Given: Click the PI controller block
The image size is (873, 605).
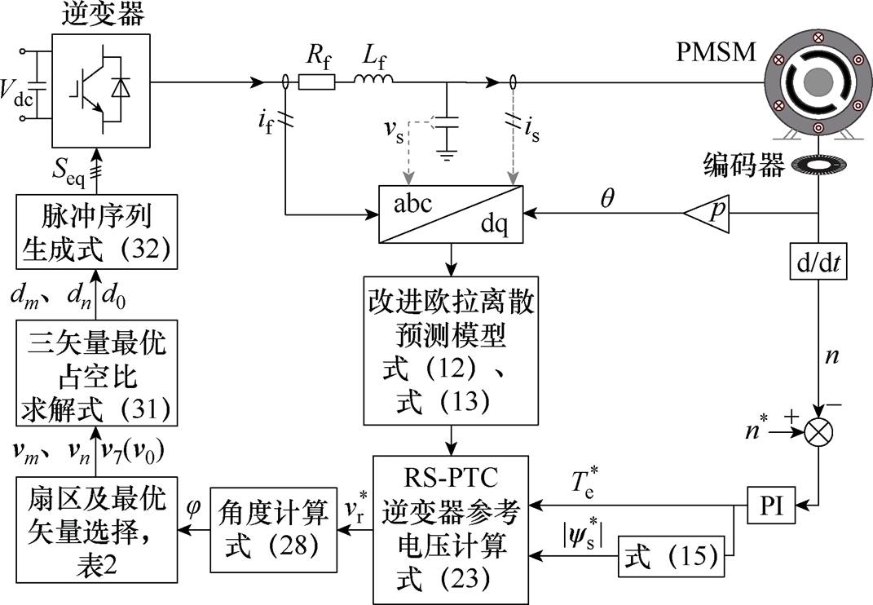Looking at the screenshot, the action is coord(772,506).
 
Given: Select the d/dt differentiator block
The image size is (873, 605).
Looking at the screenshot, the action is coord(818,262).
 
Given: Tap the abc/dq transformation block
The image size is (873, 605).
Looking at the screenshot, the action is coord(451,214).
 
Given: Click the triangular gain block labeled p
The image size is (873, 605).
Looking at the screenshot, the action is coord(707,213).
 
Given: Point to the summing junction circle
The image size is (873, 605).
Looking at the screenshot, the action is coord(818,431).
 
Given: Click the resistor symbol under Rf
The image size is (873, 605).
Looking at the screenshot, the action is coord(317,82).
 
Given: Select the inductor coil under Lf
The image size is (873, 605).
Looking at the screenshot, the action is coord(373,79).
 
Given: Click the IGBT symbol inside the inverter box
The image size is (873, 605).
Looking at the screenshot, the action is coord(101,91).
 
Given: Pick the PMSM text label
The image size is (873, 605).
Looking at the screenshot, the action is coord(716,52).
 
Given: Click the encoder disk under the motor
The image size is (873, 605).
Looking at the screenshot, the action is coord(818,166).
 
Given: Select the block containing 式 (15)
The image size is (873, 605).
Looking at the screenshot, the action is coord(672,557).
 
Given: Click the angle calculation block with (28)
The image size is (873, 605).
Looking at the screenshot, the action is coord(273,529).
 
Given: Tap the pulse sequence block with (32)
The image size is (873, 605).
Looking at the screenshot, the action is coord(97,232).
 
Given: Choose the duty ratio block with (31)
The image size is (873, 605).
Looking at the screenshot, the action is coord(97,373).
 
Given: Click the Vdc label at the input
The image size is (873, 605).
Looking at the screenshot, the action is coord(16,93).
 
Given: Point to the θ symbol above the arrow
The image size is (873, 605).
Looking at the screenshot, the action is coord(608,197).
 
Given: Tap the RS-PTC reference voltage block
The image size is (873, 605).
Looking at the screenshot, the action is coord(451,530).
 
